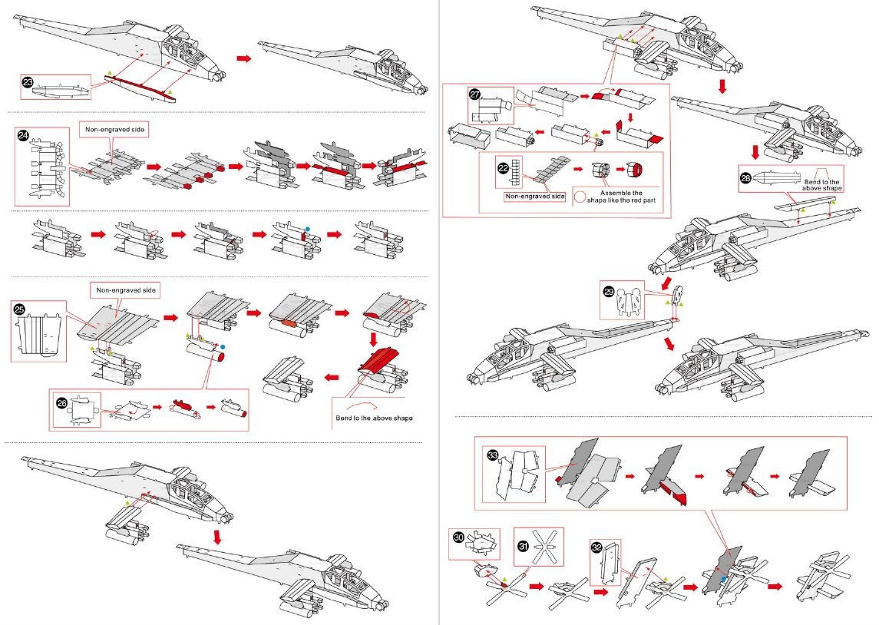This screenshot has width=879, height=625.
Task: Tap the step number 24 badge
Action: pyautogui.click(x=24, y=136)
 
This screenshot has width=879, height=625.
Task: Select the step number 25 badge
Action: pyautogui.click(x=21, y=309)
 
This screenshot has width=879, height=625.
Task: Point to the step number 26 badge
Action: pyautogui.click(x=61, y=402)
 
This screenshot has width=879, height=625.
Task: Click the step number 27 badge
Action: pyautogui.click(x=474, y=96)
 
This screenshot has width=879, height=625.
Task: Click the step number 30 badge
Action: pyautogui.click(x=460, y=540)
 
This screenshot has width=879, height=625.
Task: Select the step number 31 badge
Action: pyautogui.click(x=523, y=546)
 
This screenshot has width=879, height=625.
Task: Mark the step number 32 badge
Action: pyautogui.click(x=597, y=547)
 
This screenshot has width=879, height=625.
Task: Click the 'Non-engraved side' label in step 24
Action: pyautogui.click(x=114, y=130)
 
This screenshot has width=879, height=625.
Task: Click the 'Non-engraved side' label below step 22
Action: pyautogui.click(x=534, y=197)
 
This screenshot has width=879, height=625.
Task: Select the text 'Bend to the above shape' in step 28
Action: pyautogui.click(x=821, y=184)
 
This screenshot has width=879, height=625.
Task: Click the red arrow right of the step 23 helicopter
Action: pyautogui.click(x=243, y=58)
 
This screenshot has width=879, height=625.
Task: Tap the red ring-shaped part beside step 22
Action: pyautogui.click(x=634, y=169)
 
